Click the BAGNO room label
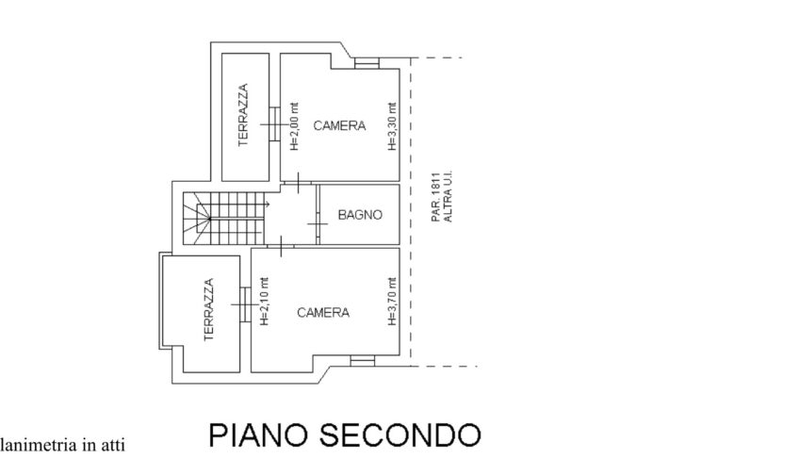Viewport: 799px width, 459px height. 361,215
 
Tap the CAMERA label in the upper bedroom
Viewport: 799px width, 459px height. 339,125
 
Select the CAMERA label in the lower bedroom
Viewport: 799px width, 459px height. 323,313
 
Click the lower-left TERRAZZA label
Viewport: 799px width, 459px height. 208,309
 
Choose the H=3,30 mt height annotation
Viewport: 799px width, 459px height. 391,127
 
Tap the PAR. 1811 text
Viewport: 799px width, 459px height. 436,197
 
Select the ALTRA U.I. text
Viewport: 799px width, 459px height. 448,197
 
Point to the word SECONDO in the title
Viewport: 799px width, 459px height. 402,435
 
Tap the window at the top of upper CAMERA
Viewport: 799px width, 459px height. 367,64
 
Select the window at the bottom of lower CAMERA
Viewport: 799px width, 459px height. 362,361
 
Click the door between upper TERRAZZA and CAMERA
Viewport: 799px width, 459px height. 273,120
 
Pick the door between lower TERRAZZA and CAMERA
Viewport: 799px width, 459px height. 246,303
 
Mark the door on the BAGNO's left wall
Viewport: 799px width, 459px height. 318,222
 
